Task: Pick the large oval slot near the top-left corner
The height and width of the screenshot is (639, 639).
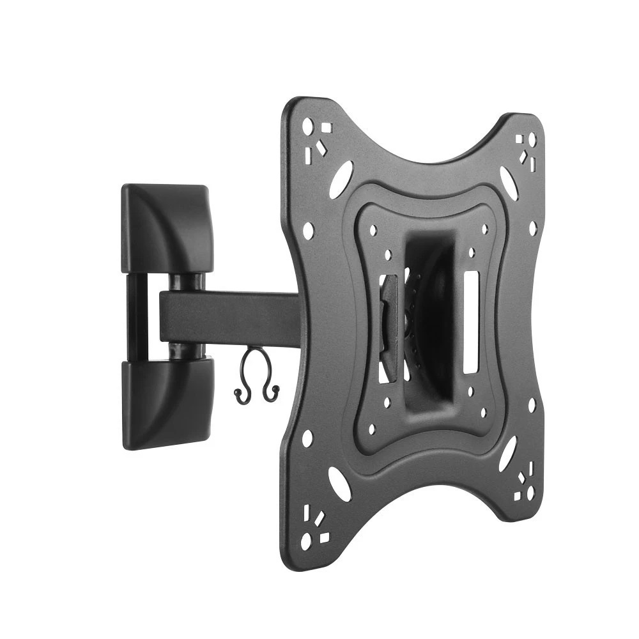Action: coord(341,179)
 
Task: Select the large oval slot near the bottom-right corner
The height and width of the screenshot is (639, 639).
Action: coord(508,454)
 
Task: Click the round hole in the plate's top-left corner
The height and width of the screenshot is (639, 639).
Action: coord(307,126)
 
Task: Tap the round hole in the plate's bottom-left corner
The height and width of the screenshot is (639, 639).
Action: coord(307,541)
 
